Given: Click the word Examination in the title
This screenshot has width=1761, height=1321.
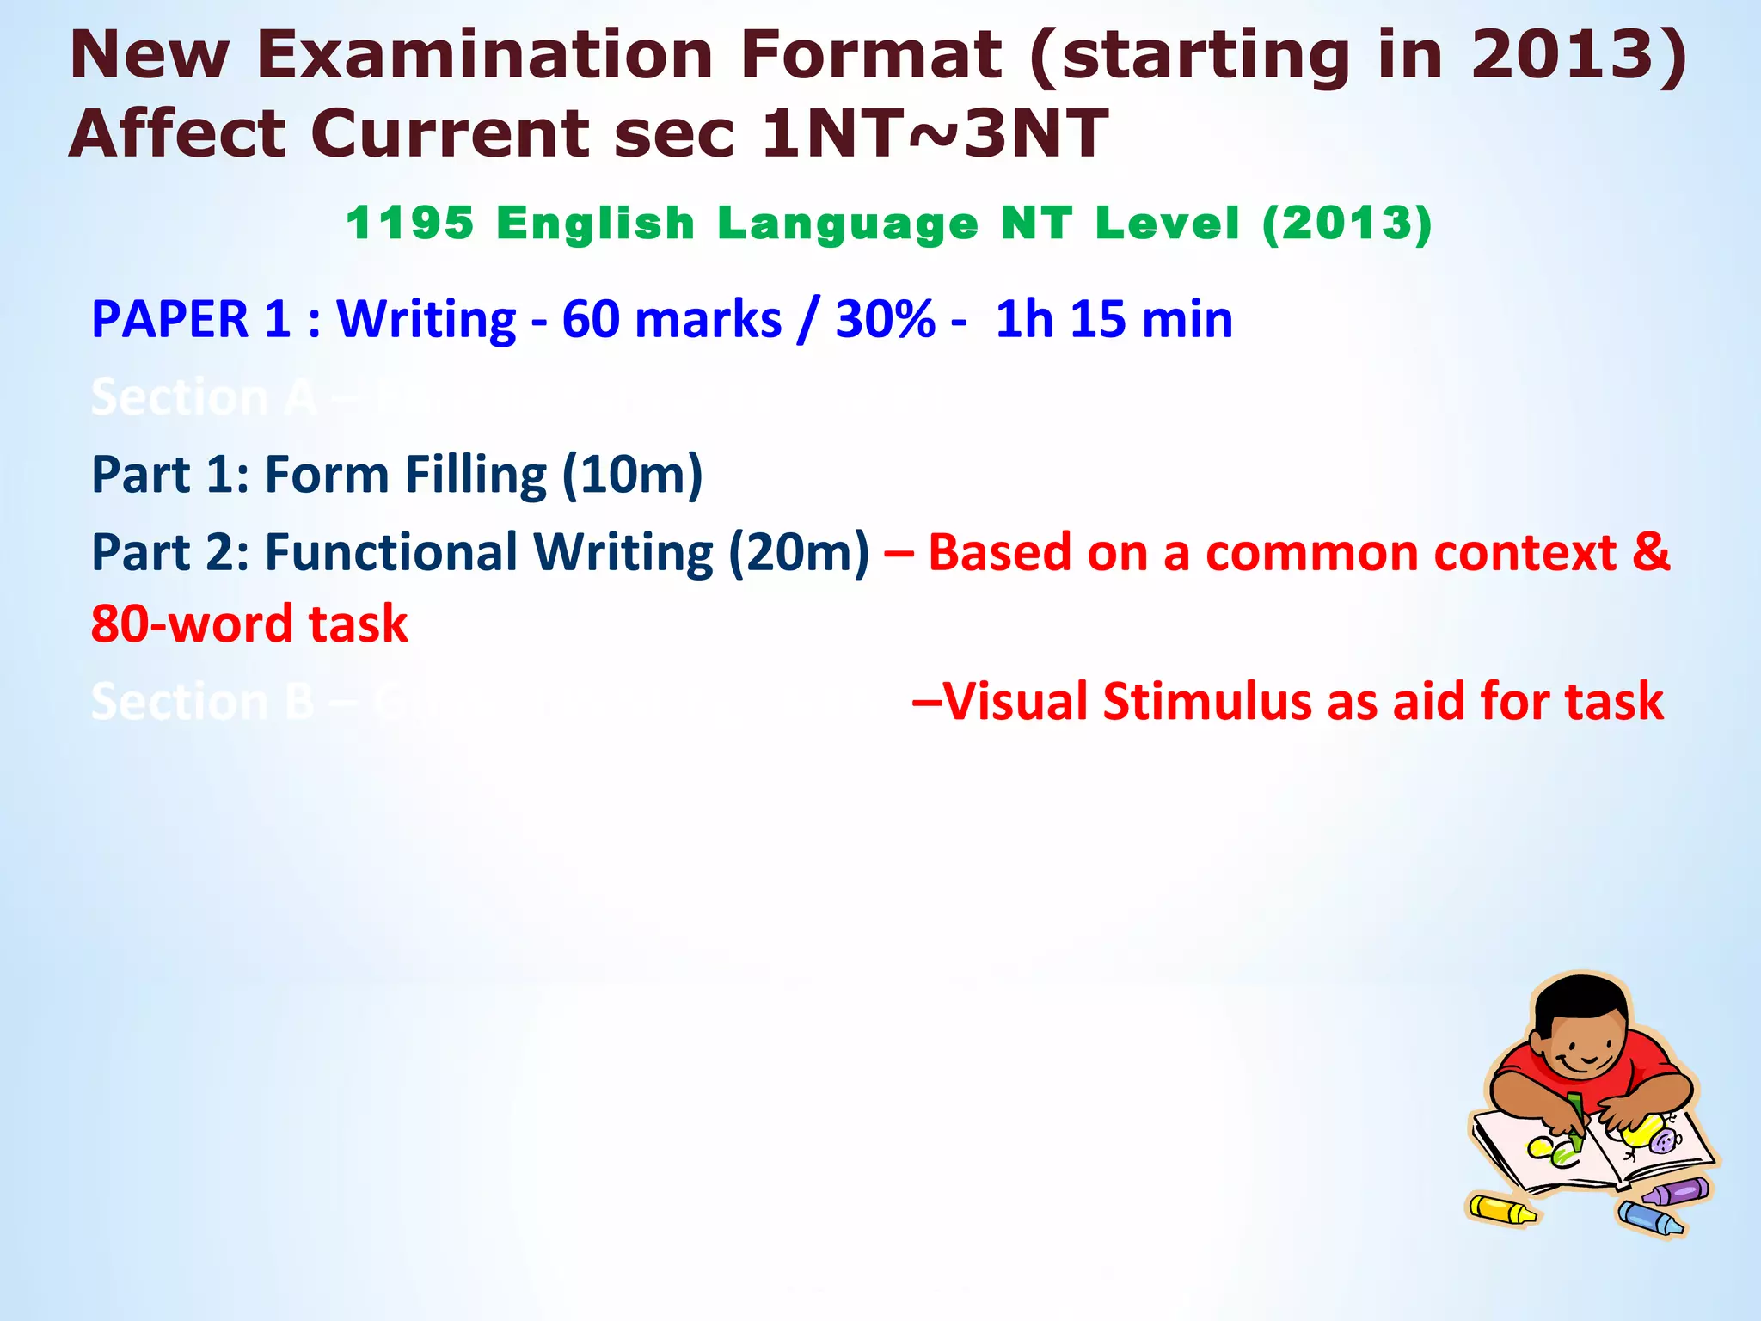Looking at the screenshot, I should [x=484, y=55].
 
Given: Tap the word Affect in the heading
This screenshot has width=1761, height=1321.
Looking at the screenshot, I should [x=177, y=134].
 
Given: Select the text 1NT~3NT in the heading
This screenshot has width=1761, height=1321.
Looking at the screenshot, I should [x=935, y=134].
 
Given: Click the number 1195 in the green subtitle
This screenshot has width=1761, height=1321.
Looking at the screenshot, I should [x=409, y=224].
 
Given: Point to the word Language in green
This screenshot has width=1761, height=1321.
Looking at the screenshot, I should [x=848, y=224].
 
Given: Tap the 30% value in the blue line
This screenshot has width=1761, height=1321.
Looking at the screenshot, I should [x=885, y=320].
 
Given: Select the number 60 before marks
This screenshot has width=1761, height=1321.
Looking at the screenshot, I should [x=591, y=320].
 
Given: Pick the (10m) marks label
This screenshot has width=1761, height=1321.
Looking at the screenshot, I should [x=632, y=475].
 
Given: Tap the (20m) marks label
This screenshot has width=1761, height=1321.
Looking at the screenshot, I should [x=799, y=552].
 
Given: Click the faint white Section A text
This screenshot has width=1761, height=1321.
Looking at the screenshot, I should [x=204, y=397].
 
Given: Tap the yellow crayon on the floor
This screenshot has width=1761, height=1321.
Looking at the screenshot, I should [x=1500, y=1209].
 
